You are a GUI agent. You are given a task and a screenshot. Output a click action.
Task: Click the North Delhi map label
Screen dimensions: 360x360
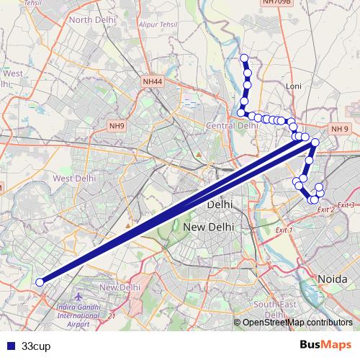93,19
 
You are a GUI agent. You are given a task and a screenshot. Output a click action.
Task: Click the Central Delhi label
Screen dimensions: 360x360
232,126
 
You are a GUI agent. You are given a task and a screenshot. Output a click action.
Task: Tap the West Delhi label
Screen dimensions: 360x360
75,178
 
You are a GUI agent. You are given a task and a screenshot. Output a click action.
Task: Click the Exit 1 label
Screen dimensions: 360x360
284,230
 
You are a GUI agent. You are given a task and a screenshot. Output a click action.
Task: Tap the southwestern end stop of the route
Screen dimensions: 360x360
40,282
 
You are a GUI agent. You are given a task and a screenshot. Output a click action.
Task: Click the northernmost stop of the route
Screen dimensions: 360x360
244,58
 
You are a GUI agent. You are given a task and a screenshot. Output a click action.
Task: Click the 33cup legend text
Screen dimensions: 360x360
36,346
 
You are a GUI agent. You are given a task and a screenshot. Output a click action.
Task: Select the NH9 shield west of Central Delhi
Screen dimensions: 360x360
117,126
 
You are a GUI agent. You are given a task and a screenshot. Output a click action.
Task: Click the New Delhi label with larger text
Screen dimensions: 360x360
210,228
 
